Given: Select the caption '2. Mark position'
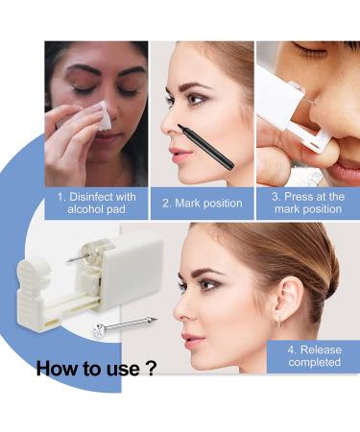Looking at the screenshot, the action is [203, 204].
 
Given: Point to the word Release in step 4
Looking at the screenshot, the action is [321, 349].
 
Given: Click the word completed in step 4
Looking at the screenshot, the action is [314, 363].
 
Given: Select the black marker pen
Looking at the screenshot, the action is [205, 146].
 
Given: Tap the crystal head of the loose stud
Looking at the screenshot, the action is [100, 330].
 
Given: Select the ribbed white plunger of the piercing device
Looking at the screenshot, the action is [33, 291].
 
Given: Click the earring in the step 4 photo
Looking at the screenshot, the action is [280, 321].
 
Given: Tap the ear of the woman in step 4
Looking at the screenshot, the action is [290, 297].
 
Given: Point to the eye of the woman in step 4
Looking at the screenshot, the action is [205, 283].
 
